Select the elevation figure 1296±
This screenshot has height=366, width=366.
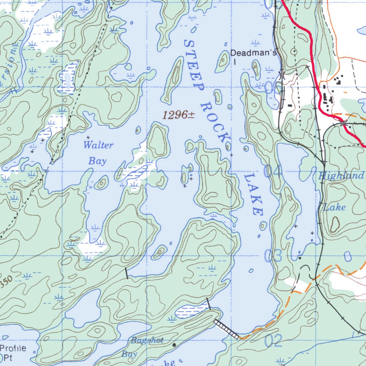click(178, 115)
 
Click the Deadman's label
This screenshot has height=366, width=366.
click(253, 53)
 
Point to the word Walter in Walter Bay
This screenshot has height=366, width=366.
click(98, 145)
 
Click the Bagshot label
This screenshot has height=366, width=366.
click(147, 340)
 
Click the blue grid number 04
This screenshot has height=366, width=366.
click(273, 171)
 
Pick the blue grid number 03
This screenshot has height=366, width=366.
click(273, 256)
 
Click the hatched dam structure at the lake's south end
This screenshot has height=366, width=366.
click(226, 329)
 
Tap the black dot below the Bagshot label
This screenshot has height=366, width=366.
click(174, 345)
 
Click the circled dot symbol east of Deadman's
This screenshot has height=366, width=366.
click(294, 51)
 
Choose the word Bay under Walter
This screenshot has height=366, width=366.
click(98, 161)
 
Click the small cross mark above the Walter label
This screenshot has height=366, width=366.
click(88, 137)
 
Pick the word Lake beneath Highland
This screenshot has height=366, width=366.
click(335, 207)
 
